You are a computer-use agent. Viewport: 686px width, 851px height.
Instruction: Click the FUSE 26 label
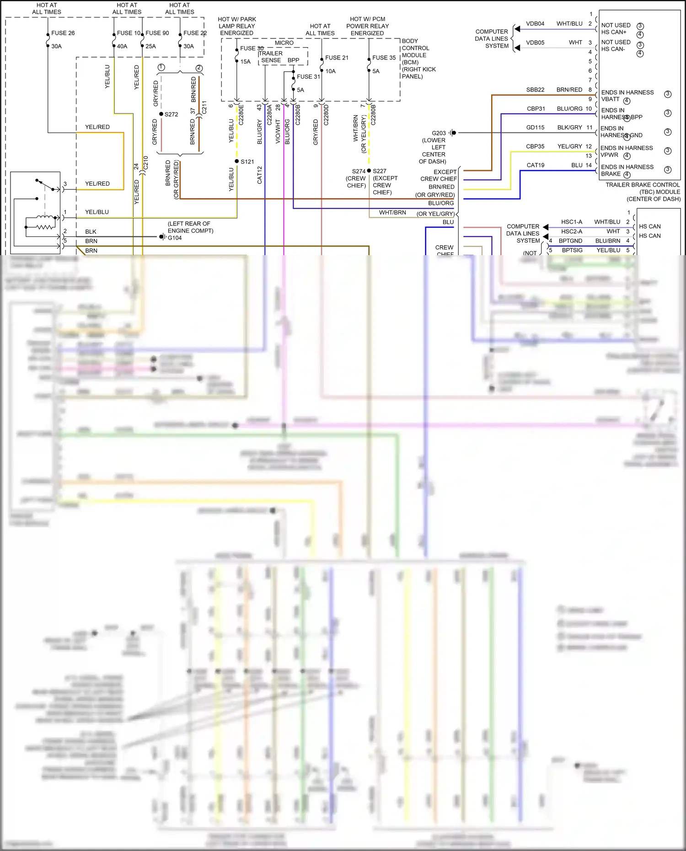[x=63, y=33]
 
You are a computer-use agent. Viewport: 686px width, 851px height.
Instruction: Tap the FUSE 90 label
[x=157, y=33]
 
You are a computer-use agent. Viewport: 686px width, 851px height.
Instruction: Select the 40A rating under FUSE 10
[x=122, y=46]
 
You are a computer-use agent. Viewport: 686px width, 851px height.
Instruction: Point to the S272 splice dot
[x=161, y=114]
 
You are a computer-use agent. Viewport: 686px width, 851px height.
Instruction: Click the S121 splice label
[x=247, y=161]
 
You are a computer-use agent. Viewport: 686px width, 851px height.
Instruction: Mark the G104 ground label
[x=175, y=238]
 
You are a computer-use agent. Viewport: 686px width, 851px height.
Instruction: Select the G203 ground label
[x=438, y=133]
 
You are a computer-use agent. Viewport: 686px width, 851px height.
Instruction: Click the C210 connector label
[x=146, y=163]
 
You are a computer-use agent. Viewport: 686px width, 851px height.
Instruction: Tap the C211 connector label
[x=204, y=107]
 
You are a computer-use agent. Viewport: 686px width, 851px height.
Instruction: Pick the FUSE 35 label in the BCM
[x=384, y=58]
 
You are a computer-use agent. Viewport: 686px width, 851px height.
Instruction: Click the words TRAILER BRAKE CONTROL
[x=642, y=185]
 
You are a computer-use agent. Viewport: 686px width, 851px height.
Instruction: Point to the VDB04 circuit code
[x=535, y=24]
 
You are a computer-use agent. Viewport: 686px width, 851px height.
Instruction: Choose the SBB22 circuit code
[x=535, y=90]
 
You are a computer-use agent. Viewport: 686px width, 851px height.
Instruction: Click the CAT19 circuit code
[x=535, y=165]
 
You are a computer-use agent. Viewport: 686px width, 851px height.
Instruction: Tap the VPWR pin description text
[x=609, y=155]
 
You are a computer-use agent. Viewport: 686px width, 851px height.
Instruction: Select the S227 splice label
[x=379, y=171]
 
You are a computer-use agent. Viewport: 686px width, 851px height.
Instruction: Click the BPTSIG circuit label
[x=572, y=250]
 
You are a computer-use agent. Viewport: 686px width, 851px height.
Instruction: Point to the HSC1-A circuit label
[x=571, y=222]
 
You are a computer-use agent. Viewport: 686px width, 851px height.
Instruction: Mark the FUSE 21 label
[x=337, y=58]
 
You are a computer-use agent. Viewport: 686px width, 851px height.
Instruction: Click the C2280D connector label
[x=326, y=115]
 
